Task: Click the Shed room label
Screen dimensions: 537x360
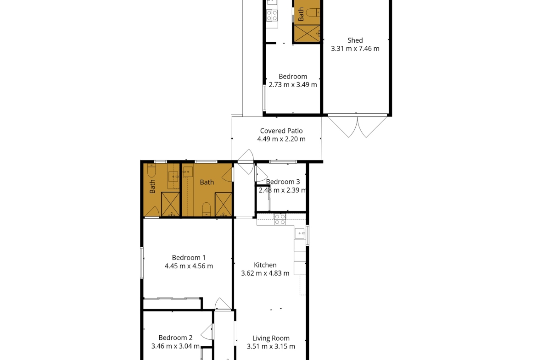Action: point(355,40)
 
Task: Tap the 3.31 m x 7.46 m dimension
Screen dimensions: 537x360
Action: point(355,49)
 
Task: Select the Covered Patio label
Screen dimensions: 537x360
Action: point(281,131)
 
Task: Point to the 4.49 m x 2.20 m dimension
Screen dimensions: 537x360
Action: point(281,139)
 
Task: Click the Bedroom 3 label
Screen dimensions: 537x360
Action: point(283,182)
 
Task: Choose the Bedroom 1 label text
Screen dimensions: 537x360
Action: point(189,258)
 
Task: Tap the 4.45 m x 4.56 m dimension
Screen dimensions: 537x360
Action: point(189,266)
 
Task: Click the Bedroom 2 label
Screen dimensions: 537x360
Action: point(175,338)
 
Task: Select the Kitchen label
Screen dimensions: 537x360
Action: point(265,265)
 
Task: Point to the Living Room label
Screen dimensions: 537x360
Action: point(271,338)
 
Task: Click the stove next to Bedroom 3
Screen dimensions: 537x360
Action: point(280,219)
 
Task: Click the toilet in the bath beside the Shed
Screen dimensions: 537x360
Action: point(313,13)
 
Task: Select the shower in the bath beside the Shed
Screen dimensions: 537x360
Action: point(307,33)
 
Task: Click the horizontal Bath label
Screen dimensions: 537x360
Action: point(207,183)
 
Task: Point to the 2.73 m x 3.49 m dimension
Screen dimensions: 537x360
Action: point(293,85)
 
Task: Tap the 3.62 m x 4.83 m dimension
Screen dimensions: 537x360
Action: point(265,273)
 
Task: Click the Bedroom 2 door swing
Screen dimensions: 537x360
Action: point(207,332)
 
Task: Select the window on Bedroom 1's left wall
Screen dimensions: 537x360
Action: point(142,263)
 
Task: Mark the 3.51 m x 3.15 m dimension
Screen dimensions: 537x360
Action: point(271,346)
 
